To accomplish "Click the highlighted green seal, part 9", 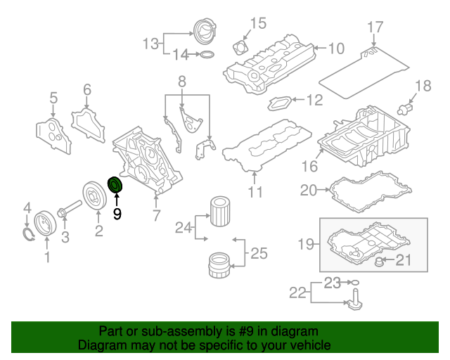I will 115,185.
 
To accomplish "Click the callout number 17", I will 375,27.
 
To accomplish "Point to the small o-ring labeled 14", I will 206,54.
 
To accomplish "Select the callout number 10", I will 336,49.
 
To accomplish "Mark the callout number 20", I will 309,189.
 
